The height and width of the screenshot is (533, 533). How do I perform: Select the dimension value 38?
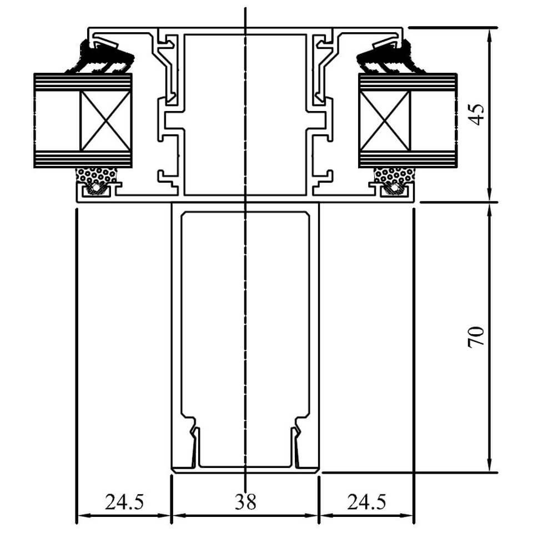(245, 502)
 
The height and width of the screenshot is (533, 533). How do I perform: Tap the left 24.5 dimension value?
(124, 502)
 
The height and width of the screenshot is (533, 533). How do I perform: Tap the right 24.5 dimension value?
(366, 502)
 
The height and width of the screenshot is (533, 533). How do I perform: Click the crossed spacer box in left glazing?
(105, 120)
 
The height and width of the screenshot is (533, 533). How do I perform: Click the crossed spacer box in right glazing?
(385, 120)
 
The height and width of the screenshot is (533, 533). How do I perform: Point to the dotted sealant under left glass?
(97, 175)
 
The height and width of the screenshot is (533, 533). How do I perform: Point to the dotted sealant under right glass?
(395, 175)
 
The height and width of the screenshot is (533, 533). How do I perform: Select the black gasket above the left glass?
(102, 57)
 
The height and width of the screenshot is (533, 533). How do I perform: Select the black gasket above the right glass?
(389, 57)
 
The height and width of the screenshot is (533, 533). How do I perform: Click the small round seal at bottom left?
(97, 188)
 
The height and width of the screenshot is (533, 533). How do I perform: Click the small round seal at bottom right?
(394, 188)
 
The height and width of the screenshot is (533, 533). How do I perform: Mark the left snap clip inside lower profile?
(194, 442)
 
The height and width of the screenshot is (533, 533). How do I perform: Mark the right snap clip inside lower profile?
(296, 442)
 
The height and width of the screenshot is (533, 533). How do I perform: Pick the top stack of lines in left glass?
(83, 82)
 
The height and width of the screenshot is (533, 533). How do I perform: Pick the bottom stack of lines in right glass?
(408, 159)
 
